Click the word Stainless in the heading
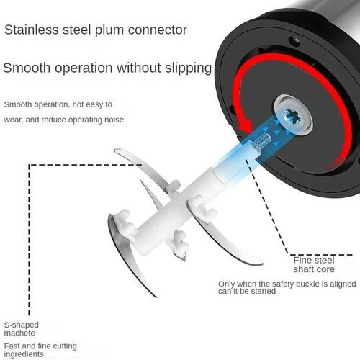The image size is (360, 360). click(32, 30)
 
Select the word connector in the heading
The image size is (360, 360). click(158, 30)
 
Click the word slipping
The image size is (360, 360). click(188, 68)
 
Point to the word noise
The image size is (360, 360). click(114, 120)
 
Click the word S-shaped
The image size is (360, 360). click(22, 325)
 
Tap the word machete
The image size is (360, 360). click(19, 333)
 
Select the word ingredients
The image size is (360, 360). click(24, 354)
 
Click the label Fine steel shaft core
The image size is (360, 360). click(314, 265)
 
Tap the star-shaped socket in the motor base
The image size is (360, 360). click(292, 116)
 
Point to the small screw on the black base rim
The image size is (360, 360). click(294, 41)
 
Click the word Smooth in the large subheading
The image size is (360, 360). click(27, 68)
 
